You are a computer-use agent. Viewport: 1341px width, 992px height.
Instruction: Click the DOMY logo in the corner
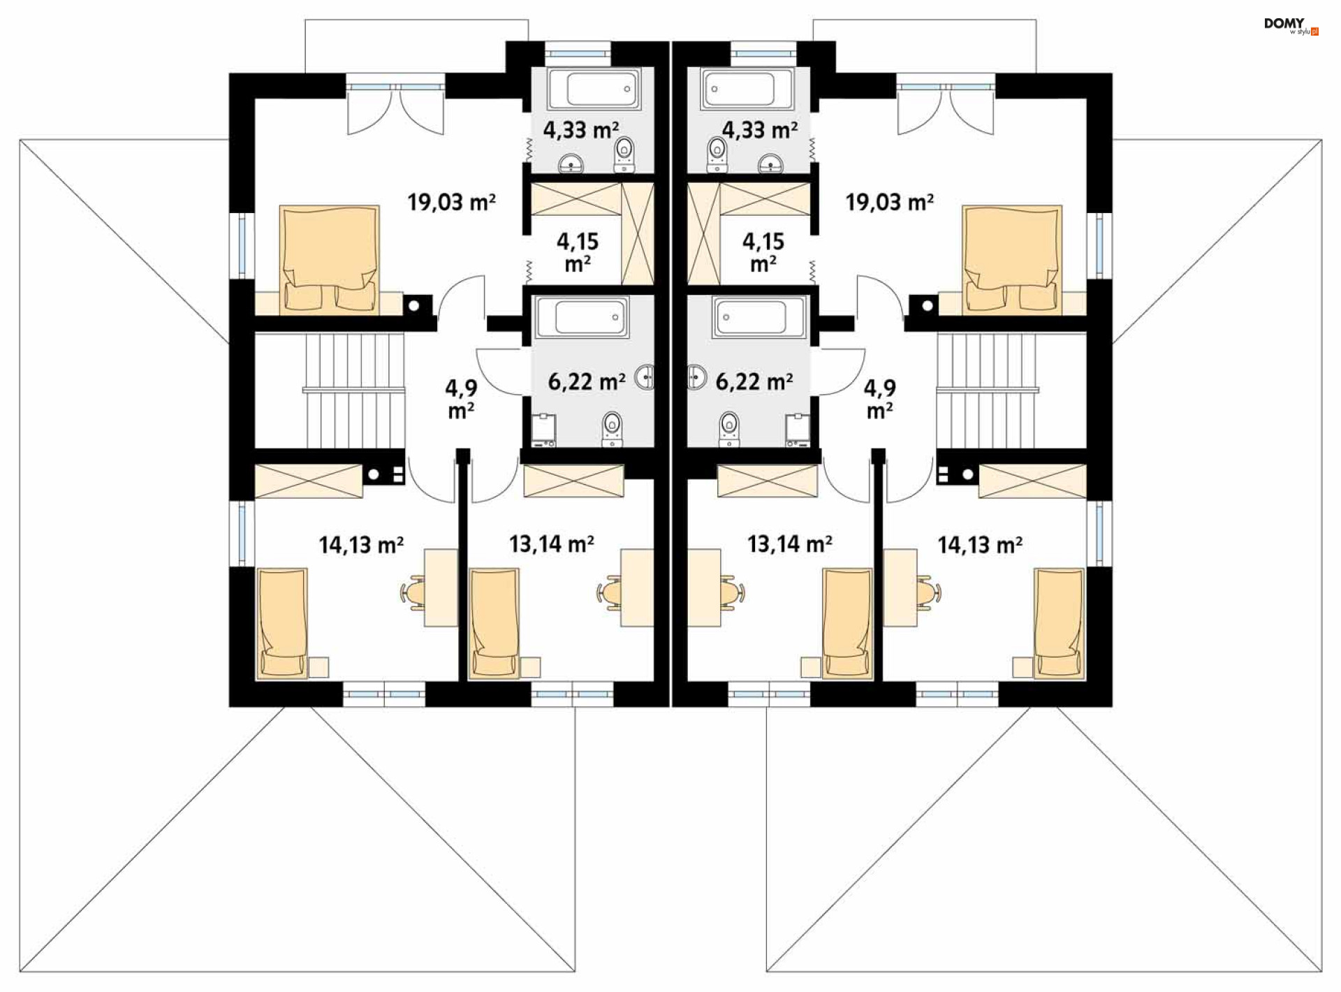(x=1291, y=26)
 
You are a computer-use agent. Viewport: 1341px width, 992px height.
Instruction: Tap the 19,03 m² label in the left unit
(x=452, y=203)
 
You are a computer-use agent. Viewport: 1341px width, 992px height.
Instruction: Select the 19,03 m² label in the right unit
(x=889, y=203)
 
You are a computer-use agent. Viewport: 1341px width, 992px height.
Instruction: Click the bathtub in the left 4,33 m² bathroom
(x=594, y=89)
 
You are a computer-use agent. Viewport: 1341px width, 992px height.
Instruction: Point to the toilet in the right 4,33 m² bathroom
(x=717, y=154)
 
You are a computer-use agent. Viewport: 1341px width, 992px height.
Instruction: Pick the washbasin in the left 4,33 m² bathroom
(x=572, y=164)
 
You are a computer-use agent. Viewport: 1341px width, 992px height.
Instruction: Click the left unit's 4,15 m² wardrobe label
(x=578, y=252)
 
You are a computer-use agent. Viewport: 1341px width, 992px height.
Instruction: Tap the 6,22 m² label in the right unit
(x=754, y=381)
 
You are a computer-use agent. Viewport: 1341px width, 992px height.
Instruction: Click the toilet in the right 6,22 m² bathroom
(x=729, y=428)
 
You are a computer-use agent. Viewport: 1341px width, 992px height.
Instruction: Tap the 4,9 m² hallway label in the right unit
(x=880, y=400)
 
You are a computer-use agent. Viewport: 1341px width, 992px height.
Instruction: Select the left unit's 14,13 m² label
(x=361, y=545)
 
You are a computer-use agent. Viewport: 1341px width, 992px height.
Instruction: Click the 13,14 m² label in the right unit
(x=789, y=544)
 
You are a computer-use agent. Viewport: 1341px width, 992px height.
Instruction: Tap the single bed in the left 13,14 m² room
(x=494, y=623)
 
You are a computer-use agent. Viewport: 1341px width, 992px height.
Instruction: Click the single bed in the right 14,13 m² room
(x=1059, y=623)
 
